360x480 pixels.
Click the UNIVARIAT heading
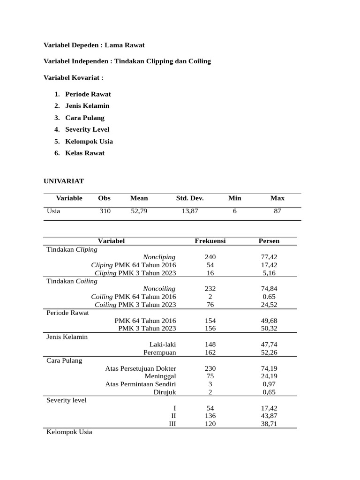point(64,181)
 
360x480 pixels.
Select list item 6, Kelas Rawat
point(85,153)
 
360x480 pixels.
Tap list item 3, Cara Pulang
point(85,118)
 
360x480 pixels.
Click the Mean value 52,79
point(139,211)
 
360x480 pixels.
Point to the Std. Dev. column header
point(190,198)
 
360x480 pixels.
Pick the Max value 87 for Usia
point(277,211)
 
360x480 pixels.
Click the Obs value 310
point(105,211)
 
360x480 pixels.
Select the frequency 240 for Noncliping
point(210,257)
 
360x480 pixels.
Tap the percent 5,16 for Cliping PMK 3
point(269,273)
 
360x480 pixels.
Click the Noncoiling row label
point(159,289)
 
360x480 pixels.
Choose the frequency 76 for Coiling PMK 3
point(210,305)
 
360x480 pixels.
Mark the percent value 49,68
point(269,321)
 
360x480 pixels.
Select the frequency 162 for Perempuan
point(210,352)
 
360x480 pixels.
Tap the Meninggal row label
point(160,376)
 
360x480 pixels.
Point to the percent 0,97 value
point(269,384)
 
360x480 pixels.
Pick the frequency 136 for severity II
point(210,416)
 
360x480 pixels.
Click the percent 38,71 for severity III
point(269,424)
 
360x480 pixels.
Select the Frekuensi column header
point(210,241)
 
